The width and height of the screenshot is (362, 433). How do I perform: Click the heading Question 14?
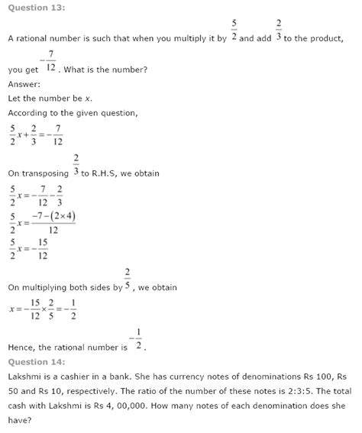coord(36,361)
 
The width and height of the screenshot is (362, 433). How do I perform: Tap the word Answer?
coord(24,85)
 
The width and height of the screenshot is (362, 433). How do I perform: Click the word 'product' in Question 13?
coord(335,37)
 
